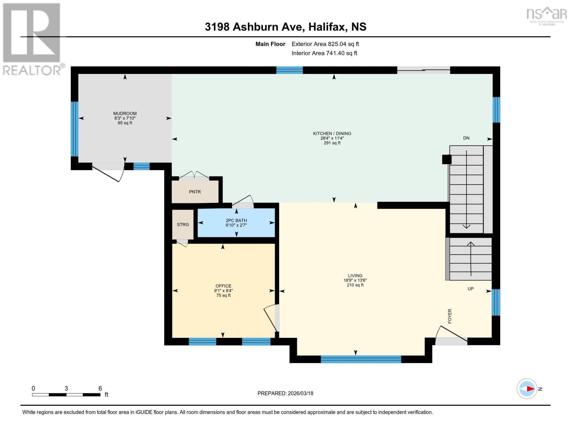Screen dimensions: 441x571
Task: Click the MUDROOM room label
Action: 125,114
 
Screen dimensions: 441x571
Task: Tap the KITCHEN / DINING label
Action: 332,133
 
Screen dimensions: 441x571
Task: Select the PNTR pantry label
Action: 195,192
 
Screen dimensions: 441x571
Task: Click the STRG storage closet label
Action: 183,225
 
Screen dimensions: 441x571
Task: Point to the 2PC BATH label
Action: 236,220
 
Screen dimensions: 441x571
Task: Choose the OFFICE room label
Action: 223,286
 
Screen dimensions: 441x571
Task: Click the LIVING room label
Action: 355,276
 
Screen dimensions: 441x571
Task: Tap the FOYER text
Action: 450,316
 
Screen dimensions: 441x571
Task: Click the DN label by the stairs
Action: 466,138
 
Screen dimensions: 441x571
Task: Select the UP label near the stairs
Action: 471,289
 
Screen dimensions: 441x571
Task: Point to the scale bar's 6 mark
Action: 100,388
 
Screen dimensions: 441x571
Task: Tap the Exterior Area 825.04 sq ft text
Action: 325,44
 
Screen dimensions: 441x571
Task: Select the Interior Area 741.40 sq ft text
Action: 324,53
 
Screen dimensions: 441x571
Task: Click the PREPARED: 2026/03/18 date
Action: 285,393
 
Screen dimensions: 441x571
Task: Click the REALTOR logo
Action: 32,39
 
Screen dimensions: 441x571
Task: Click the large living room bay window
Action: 361,359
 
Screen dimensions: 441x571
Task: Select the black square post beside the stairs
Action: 446,159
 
